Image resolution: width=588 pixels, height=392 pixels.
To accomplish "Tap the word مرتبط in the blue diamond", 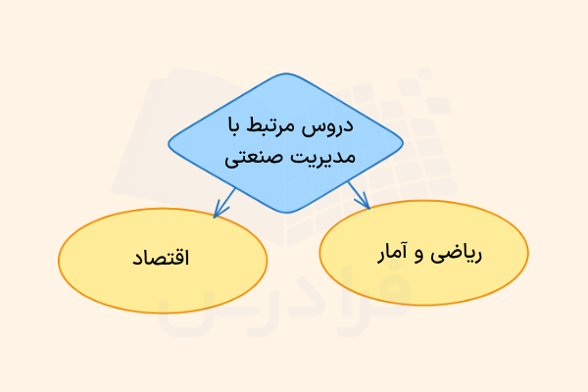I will [279, 126].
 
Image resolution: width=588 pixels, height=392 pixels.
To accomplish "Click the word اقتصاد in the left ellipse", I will [162, 259].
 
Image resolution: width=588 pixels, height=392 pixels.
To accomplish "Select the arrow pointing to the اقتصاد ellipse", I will [224, 203].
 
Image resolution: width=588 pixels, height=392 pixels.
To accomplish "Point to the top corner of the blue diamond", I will [285, 74].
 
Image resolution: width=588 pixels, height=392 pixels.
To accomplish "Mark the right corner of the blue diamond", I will [402, 143].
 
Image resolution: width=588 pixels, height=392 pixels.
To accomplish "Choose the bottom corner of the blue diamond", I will [285, 213].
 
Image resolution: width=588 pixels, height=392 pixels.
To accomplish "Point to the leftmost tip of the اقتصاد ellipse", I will [59, 259].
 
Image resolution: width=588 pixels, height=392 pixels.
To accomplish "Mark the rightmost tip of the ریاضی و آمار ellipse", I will [528, 253].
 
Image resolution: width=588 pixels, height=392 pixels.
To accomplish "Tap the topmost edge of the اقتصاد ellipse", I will [163, 207].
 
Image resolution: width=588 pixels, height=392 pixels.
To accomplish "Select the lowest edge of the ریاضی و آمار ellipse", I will [423, 305].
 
